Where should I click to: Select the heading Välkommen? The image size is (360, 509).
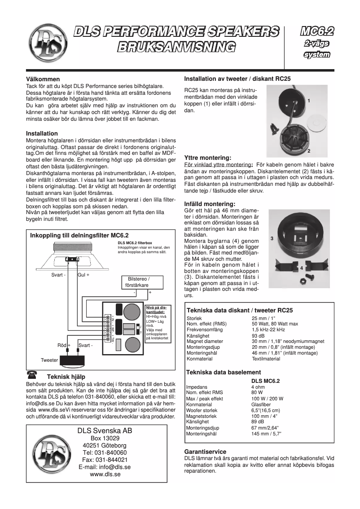click(43, 79)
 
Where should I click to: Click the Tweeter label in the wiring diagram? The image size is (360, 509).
click(49, 360)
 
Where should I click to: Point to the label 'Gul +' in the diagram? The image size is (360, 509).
click(83, 275)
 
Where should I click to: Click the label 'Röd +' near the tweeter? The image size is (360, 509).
click(64, 345)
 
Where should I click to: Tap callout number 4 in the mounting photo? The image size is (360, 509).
click(301, 268)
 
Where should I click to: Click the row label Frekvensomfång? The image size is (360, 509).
click(204, 330)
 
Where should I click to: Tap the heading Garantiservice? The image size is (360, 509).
click(206, 452)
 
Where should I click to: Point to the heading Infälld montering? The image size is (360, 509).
click(210, 204)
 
